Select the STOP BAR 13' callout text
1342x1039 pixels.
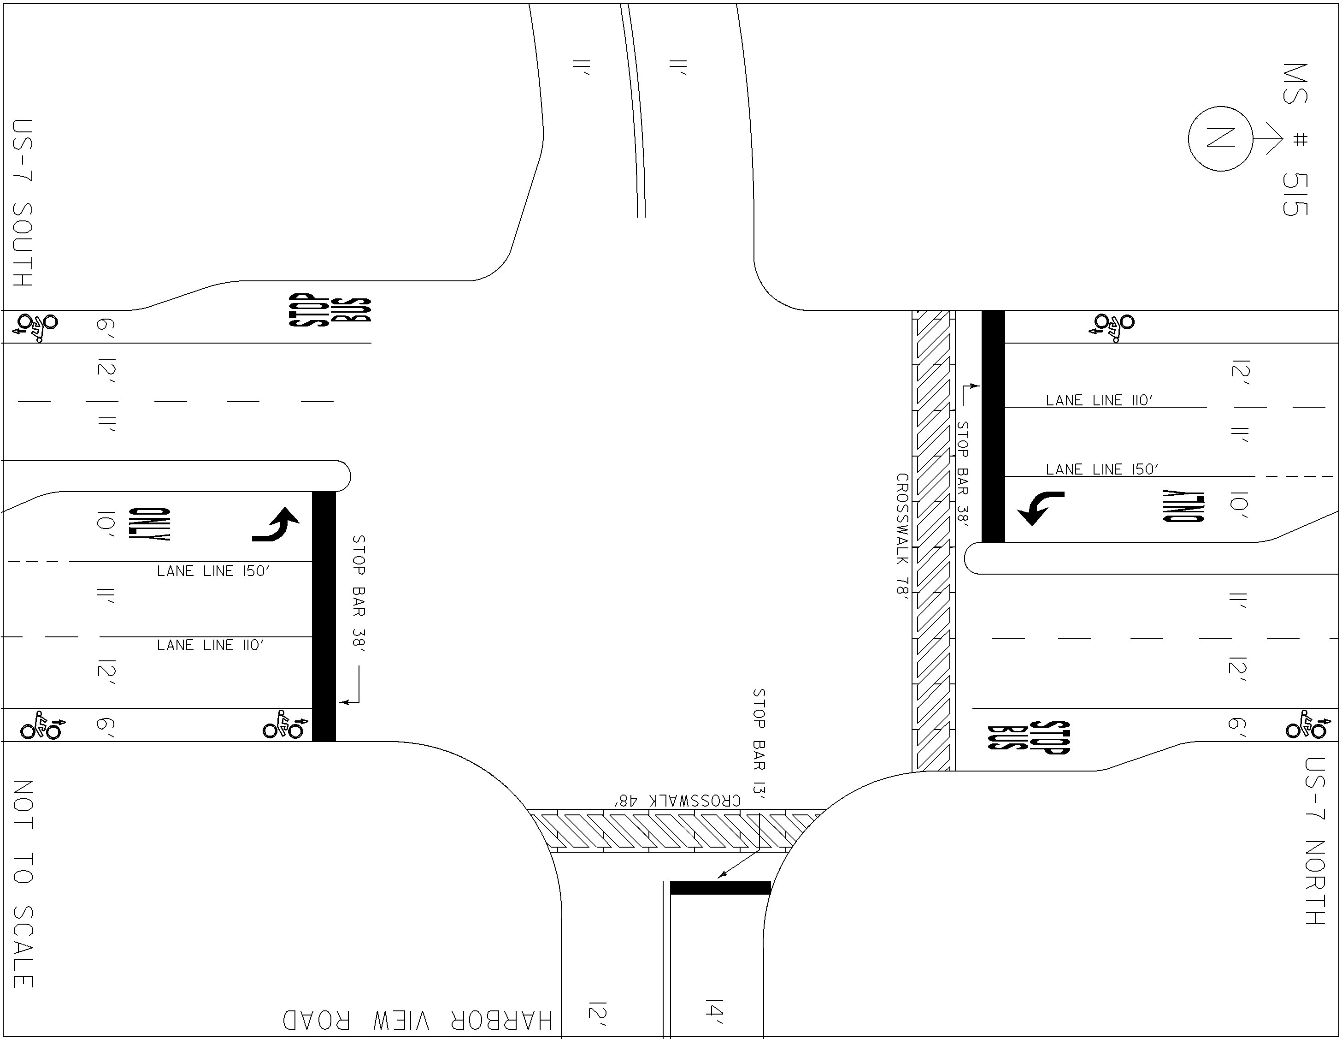pyautogui.click(x=759, y=744)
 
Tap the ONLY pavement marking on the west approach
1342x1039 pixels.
pyautogui.click(x=149, y=524)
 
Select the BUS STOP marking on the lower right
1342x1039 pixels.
pyautogui.click(x=1029, y=736)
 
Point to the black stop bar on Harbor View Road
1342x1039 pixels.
pyautogui.click(x=720, y=888)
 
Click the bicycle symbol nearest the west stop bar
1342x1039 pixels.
pyautogui.click(x=283, y=725)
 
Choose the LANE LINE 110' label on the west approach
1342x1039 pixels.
pyautogui.click(x=210, y=645)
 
